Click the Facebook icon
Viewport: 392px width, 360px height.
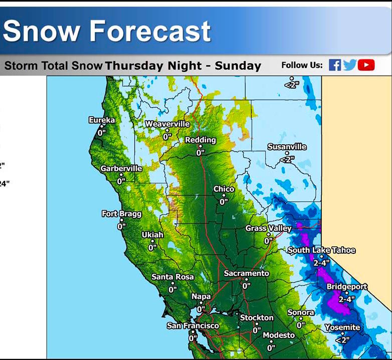[335, 65]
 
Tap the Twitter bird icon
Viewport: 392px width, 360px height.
[349, 65]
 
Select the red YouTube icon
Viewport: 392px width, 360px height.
[366, 65]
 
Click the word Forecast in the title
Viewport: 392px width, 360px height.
[150, 31]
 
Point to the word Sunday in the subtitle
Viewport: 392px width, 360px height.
[238, 66]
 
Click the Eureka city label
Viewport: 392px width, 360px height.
[102, 120]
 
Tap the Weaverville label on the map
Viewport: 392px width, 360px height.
[167, 124]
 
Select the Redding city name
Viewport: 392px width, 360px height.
[201, 140]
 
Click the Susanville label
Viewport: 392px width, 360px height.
[287, 147]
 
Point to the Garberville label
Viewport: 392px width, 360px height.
[121, 169]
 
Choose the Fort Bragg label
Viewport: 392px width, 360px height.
[122, 214]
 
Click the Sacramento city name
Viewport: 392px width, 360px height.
[247, 273]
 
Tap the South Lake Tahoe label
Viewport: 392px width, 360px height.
[321, 250]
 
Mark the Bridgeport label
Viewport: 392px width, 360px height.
[347, 286]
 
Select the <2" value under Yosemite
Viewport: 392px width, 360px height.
[342, 340]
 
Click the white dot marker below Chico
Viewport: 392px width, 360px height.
[224, 195]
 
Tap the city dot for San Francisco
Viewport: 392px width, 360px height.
[193, 332]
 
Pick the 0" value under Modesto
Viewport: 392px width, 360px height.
[271, 348]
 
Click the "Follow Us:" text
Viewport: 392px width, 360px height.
[302, 66]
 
